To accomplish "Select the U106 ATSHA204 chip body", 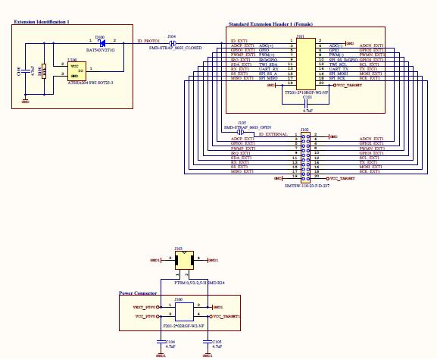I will click(x=77, y=70).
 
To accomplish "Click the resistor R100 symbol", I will click(x=44, y=70).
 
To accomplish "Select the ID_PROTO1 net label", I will click(x=147, y=39).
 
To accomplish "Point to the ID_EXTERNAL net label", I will click(x=273, y=134).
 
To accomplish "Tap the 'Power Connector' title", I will click(x=138, y=293).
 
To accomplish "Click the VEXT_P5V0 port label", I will click(x=144, y=307).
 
